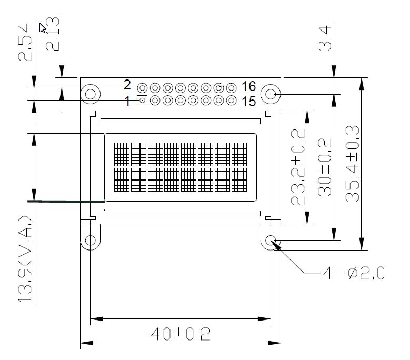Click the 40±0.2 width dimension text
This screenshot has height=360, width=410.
(x=181, y=334)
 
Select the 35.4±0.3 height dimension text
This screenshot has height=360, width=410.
(x=353, y=164)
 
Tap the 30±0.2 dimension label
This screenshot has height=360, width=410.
(x=325, y=167)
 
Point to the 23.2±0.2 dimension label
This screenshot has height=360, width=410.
(x=298, y=167)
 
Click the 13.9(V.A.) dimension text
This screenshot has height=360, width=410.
(x=25, y=259)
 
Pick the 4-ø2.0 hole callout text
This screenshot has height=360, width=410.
(x=354, y=273)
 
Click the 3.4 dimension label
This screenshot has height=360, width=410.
(x=325, y=38)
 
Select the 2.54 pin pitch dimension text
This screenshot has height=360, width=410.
(x=25, y=43)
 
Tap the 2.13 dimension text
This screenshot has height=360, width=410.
(x=53, y=34)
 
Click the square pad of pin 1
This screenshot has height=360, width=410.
(x=142, y=100)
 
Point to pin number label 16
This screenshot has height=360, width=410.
(x=248, y=86)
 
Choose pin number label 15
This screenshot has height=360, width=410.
(x=248, y=102)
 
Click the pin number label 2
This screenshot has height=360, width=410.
(x=127, y=85)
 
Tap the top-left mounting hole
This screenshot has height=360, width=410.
(x=91, y=94)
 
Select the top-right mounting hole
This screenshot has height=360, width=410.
(x=271, y=94)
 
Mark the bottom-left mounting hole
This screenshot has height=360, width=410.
(x=91, y=240)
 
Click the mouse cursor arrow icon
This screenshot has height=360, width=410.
(x=42, y=28)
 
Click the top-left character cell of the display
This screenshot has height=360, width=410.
(x=122, y=154)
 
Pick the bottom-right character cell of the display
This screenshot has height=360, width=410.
(x=239, y=179)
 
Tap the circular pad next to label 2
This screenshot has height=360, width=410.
(x=142, y=88)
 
